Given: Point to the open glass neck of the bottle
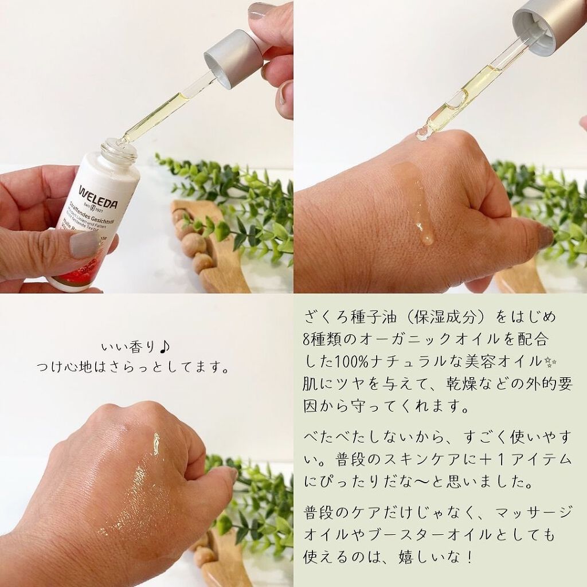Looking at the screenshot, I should [x=119, y=150].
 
